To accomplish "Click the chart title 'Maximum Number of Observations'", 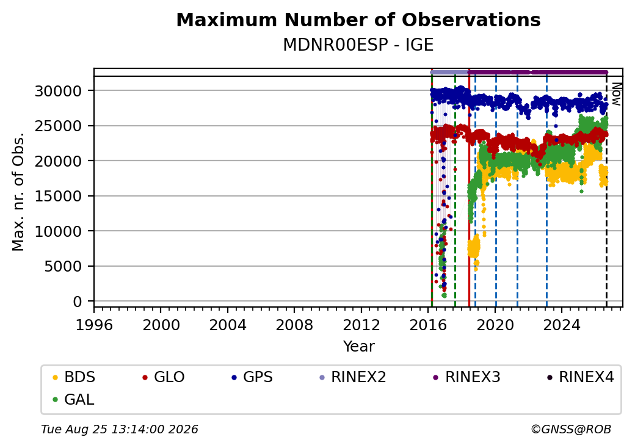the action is pos(358,20).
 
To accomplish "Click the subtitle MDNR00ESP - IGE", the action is pos(358,45).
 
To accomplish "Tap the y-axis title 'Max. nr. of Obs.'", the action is pos(18,192).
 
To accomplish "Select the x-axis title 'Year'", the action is pos(359,346).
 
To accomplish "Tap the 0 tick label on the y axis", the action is pos(78,302).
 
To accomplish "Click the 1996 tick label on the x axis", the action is pos(94,325).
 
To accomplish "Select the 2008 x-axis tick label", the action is pos(294,325).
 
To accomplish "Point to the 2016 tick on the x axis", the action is pos(428,325).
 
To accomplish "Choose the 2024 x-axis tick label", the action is pos(562,325).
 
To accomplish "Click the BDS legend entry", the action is pos(74,377).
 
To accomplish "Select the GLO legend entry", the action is pos(163,377).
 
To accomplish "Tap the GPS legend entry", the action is pos(252,377).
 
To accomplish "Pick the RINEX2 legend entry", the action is pos(352,377).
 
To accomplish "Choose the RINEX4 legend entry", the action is pos(580,377).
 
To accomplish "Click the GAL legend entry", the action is pos(73,399).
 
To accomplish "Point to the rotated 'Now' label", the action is pos(616,94).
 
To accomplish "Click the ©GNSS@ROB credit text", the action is pos(571,429).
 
